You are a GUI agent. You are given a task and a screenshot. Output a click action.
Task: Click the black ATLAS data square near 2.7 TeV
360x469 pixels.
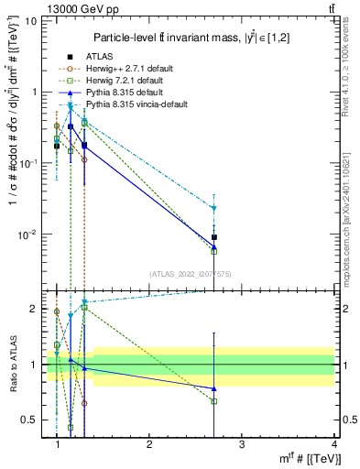(x=214, y=237)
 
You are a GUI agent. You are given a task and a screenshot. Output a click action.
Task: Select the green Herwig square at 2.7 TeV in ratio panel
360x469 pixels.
(x=214, y=401)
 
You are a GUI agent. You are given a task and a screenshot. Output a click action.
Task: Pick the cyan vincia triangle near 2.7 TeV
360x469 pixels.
(x=214, y=209)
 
